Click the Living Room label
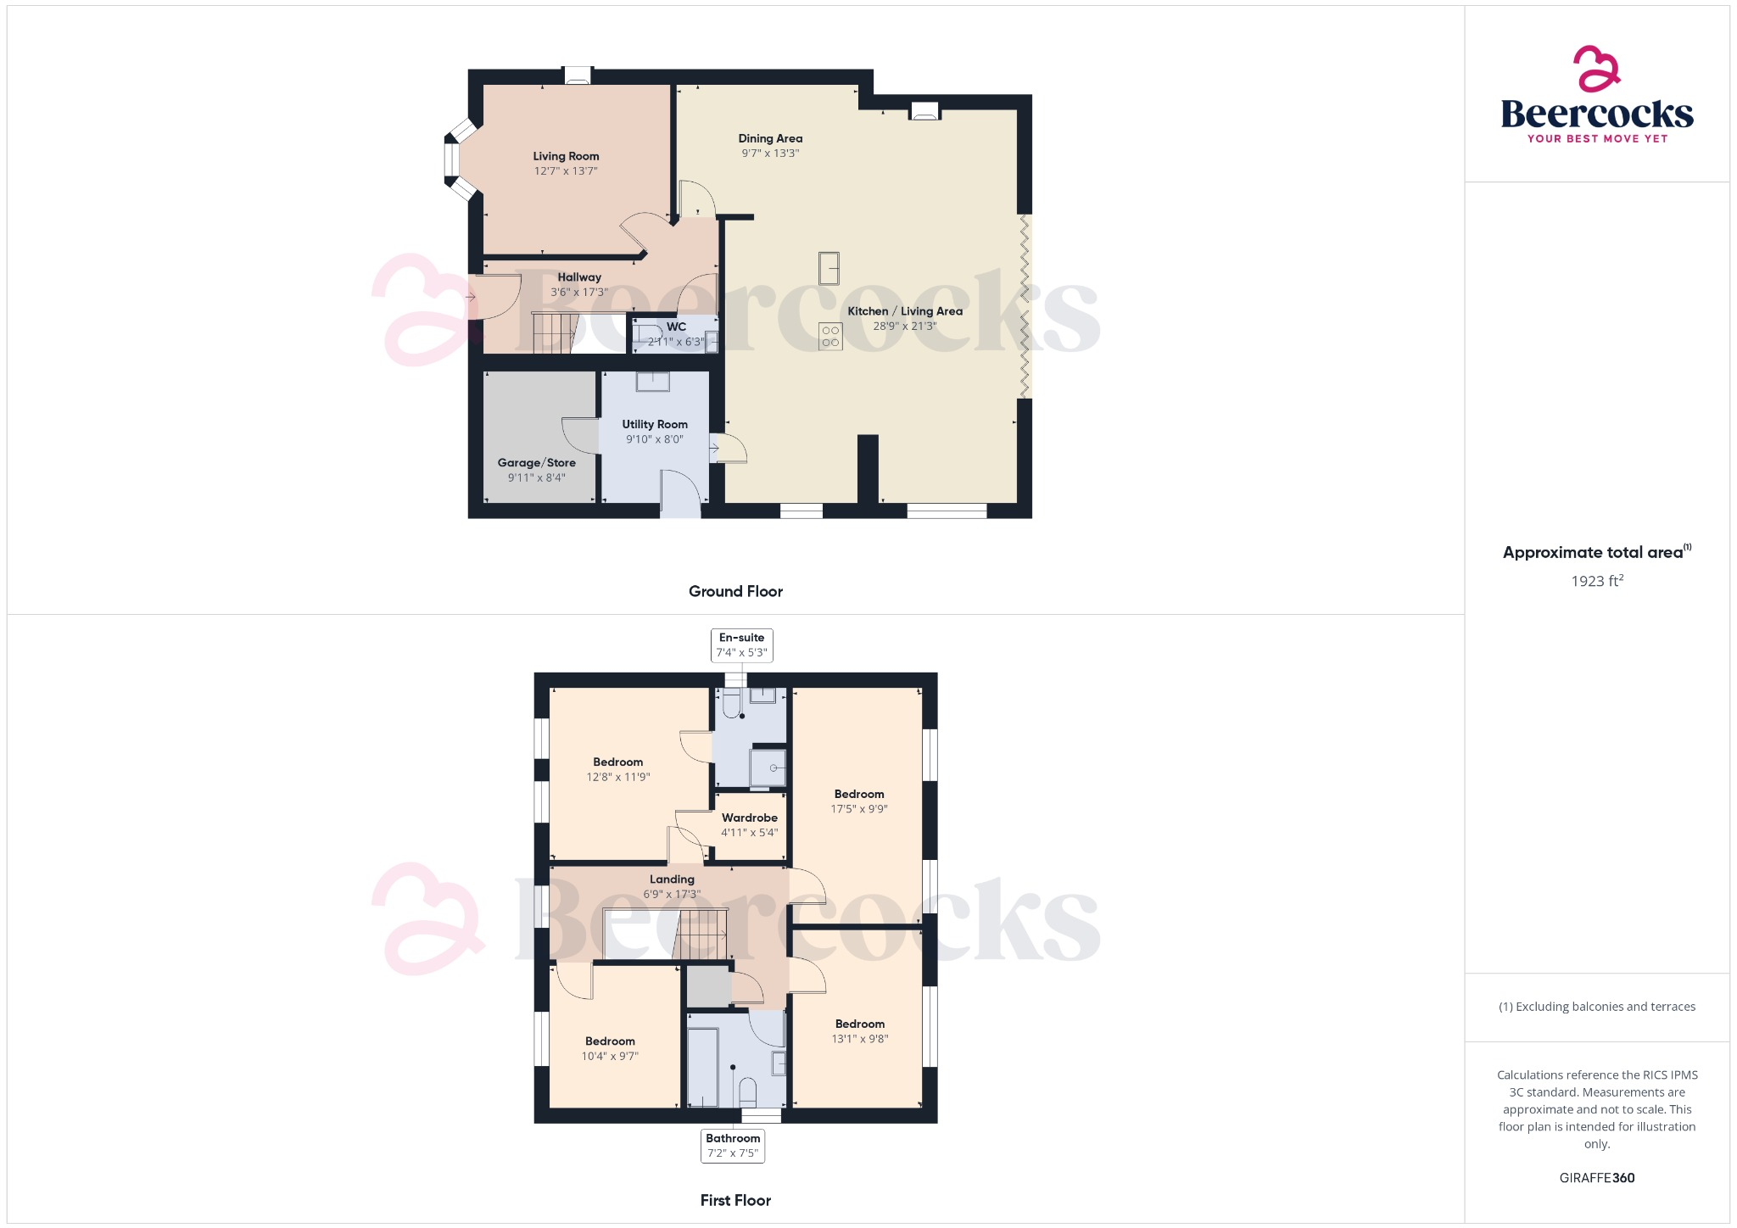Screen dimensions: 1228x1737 pos(566,156)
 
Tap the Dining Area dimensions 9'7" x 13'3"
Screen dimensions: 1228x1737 pos(770,153)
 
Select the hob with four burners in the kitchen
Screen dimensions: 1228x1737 pos(830,337)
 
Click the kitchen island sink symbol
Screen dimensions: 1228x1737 pos(829,268)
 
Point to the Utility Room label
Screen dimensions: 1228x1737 pos(655,424)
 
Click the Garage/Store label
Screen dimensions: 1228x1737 pos(536,463)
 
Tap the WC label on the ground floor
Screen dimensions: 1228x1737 pos(676,327)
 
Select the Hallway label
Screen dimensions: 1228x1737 pos(579,277)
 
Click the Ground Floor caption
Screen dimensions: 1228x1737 pos(735,591)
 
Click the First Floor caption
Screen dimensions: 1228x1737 pos(735,1200)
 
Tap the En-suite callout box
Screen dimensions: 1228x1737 pos(741,645)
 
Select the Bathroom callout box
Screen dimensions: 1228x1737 pos(733,1146)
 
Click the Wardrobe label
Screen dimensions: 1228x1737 pos(749,818)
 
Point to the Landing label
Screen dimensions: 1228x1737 pos(672,879)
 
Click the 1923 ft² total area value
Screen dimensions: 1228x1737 pos(1596,581)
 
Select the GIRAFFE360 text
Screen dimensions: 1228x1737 pos(1596,1178)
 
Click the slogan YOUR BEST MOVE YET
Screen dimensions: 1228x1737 pos(1597,139)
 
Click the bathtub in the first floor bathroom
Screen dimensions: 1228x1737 pos(702,1068)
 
